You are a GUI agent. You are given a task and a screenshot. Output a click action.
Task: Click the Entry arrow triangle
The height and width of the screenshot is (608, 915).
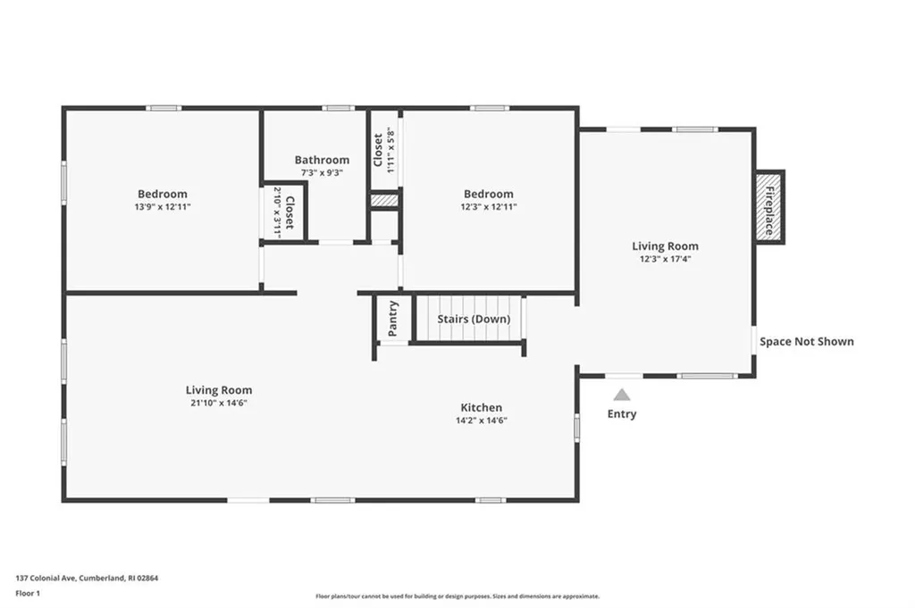pyautogui.click(x=622, y=395)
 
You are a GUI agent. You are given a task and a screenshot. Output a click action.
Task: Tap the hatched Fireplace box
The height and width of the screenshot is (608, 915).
pyautogui.click(x=768, y=206)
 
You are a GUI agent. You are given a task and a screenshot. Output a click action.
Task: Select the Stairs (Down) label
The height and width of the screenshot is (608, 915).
pyautogui.click(x=474, y=319)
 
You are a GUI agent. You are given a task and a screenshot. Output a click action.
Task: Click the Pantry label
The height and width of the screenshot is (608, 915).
pyautogui.click(x=393, y=319)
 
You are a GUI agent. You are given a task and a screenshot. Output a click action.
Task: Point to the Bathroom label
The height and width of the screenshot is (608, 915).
pyautogui.click(x=322, y=160)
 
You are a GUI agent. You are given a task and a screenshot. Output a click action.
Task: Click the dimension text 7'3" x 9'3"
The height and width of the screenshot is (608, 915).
pyautogui.click(x=322, y=172)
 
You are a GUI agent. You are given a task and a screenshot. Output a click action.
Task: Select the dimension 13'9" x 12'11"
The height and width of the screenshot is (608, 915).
pyautogui.click(x=163, y=206)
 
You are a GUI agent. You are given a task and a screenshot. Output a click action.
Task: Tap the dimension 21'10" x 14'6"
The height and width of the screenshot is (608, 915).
pyautogui.click(x=219, y=403)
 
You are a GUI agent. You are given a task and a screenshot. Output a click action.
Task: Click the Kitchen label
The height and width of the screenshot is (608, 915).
pyautogui.click(x=482, y=407)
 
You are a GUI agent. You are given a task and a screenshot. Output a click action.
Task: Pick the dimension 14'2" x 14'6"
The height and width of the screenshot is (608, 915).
pyautogui.click(x=482, y=420)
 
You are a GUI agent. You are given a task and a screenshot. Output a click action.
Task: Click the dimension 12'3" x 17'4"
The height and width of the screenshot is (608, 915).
pyautogui.click(x=665, y=259)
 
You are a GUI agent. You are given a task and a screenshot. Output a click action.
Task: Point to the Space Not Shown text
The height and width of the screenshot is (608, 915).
pyautogui.click(x=806, y=341)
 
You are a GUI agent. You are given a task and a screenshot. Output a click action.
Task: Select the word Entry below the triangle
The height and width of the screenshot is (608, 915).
pyautogui.click(x=622, y=414)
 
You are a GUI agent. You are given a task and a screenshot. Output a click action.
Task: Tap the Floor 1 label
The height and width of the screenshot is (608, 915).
pyautogui.click(x=28, y=593)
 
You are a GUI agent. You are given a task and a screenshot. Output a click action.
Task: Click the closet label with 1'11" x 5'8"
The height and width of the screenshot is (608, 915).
pyautogui.click(x=383, y=149)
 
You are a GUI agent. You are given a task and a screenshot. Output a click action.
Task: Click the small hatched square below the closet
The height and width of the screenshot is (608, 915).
pyautogui.click(x=383, y=202)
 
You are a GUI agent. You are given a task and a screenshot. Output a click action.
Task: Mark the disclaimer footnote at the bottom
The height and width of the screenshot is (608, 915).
pyautogui.click(x=457, y=596)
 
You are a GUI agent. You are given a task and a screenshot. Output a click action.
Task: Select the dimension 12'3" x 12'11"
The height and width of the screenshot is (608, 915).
pyautogui.click(x=488, y=206)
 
